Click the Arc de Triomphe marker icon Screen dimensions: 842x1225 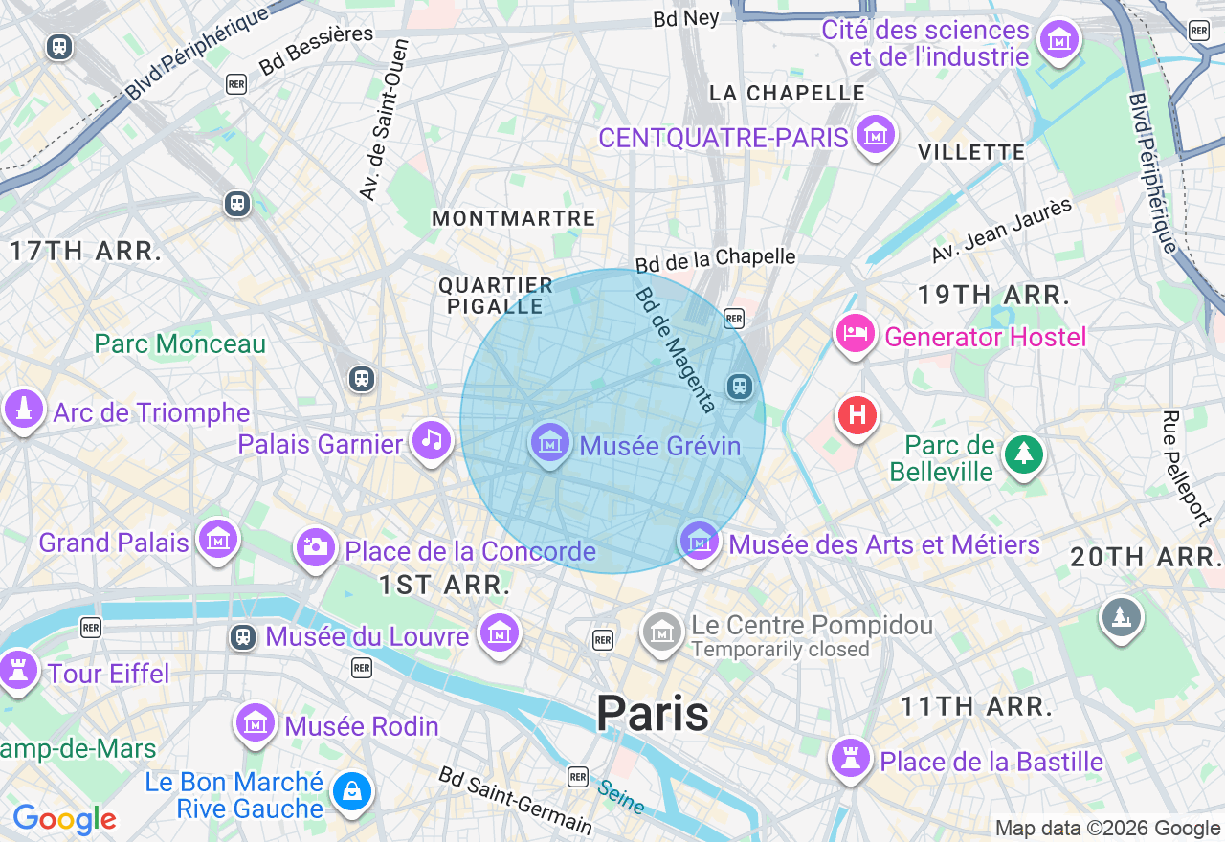(24, 410)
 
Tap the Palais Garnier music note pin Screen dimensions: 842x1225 (432, 441)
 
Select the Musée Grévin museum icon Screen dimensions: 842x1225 (550, 443)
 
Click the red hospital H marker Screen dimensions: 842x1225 (857, 415)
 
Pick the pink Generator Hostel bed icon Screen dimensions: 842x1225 (855, 334)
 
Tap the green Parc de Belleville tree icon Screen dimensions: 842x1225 (1024, 454)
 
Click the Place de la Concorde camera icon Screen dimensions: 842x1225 (314, 547)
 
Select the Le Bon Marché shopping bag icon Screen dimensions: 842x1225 (352, 792)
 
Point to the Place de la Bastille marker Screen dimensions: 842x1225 (850, 758)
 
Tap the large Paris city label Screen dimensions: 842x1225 (653, 714)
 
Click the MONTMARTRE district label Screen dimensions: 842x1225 (514, 219)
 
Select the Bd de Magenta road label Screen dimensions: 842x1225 (676, 350)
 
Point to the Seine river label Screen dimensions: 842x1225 (620, 797)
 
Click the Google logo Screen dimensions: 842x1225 (64, 819)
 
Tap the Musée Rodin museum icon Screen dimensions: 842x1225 (256, 723)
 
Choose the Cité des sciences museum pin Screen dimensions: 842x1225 (1059, 40)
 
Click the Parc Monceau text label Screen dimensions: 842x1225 (180, 343)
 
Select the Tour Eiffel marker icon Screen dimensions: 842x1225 (17, 669)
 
